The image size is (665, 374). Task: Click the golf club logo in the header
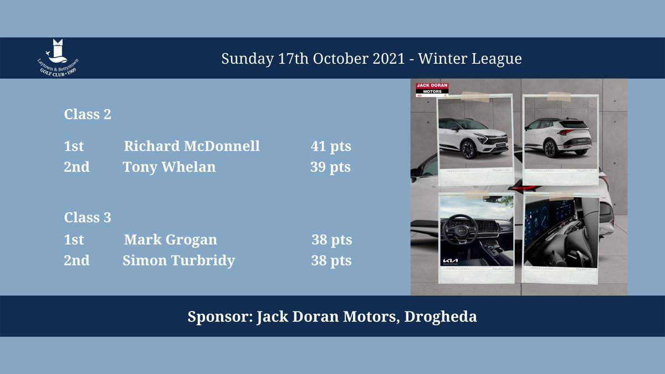(55, 58)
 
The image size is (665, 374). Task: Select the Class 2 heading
(88, 115)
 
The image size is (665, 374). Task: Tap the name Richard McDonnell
(192, 146)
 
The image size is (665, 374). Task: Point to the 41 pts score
(331, 146)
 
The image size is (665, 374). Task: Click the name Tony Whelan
(169, 166)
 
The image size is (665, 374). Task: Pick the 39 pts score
(330, 166)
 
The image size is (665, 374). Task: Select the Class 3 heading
(88, 218)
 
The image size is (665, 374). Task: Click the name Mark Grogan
(170, 240)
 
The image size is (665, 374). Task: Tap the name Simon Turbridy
(178, 260)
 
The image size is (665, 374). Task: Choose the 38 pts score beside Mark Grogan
(331, 240)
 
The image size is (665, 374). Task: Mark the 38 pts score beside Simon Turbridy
(331, 260)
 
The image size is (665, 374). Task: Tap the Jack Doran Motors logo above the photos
(432, 89)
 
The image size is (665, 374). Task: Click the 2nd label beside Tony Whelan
(76, 166)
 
